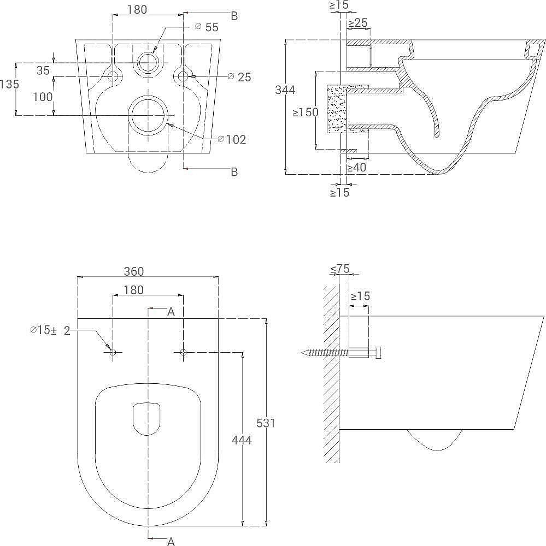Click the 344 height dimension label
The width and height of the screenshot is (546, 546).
tap(285, 90)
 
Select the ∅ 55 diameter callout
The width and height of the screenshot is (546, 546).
tap(207, 27)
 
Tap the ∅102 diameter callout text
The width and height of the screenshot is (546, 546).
tap(232, 140)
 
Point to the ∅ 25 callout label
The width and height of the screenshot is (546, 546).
tap(239, 77)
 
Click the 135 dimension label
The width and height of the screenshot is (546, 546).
tap(9, 84)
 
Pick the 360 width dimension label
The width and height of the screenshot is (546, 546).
tap(134, 271)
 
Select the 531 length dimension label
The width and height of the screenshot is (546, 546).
tap(266, 423)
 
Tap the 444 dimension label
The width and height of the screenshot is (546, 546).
tap(241, 441)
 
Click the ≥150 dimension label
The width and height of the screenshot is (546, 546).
tap(306, 112)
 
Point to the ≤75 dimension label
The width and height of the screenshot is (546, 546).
tap(339, 269)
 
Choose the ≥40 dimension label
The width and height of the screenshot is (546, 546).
tap(356, 168)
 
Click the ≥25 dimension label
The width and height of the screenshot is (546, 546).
tap(358, 23)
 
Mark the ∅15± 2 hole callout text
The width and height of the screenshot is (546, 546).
tap(50, 330)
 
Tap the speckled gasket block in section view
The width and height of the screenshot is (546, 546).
tap(337, 109)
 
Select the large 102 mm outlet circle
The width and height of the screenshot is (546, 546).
tap(148, 115)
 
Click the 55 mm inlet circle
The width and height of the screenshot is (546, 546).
tap(149, 63)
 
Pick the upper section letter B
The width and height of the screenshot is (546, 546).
tap(234, 16)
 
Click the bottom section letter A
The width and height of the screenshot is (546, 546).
tap(171, 541)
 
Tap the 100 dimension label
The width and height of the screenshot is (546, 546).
tap(43, 97)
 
